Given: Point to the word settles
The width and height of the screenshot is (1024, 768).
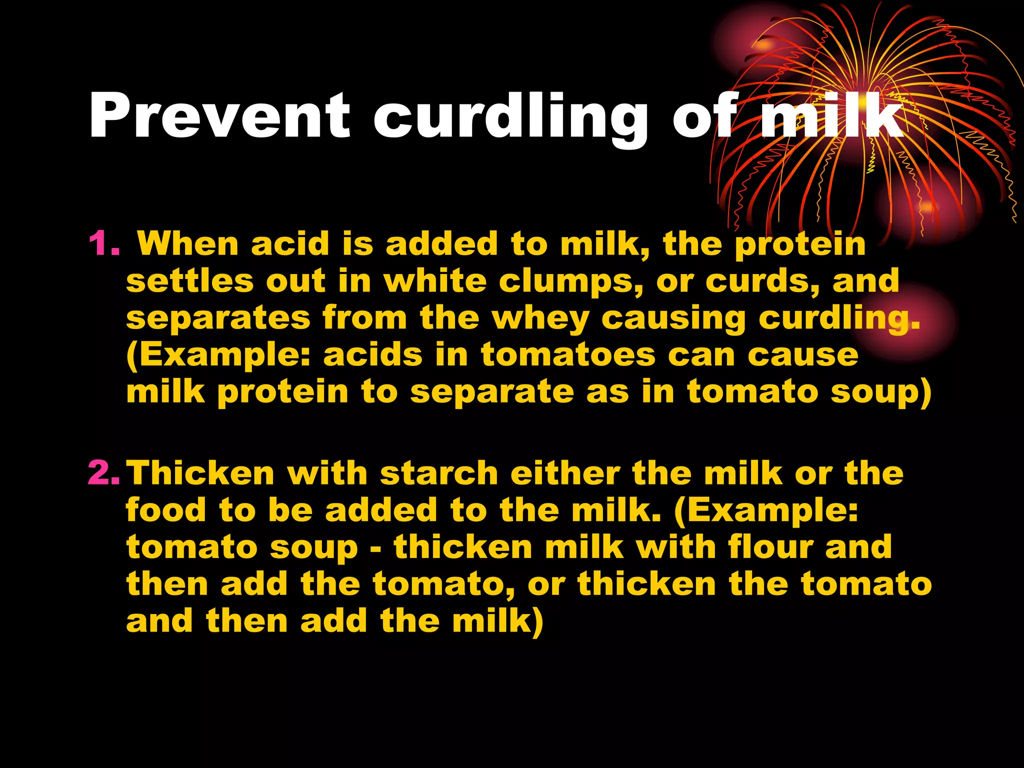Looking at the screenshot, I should pyautogui.click(x=190, y=281).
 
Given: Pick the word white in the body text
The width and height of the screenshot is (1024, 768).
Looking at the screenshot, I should pyautogui.click(x=435, y=281).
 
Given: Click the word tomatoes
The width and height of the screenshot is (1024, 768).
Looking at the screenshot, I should pyautogui.click(x=568, y=355).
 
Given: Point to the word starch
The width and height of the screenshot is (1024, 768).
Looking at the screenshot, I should pyautogui.click(x=439, y=473).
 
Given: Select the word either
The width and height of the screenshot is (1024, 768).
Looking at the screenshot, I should pyautogui.click(x=565, y=473).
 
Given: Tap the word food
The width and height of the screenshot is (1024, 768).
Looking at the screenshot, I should pyautogui.click(x=166, y=510).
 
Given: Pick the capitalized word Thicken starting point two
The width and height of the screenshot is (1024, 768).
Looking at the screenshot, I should pyautogui.click(x=200, y=473).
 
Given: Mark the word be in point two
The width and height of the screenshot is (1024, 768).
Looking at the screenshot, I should pyautogui.click(x=290, y=510).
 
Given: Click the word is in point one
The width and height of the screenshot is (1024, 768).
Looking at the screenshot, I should pyautogui.click(x=358, y=244).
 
